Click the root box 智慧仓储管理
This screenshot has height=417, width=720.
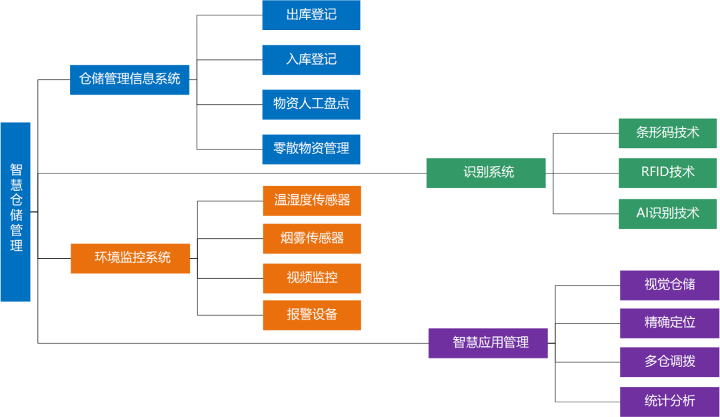pyautogui.click(x=15, y=212)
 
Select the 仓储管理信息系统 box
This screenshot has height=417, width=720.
pyautogui.click(x=130, y=79)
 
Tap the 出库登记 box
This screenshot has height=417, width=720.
pyautogui.click(x=311, y=15)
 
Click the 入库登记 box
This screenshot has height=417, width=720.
pyautogui.click(x=311, y=60)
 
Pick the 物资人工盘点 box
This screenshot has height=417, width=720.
pyautogui.click(x=311, y=105)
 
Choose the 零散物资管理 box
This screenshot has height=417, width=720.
pyautogui.click(x=311, y=149)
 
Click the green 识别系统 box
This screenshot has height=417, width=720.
pyautogui.click(x=486, y=173)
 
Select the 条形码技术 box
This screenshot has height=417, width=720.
pyautogui.click(x=667, y=133)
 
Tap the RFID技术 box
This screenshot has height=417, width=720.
pyautogui.click(x=667, y=173)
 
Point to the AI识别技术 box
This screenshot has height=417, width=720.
pyautogui.click(x=667, y=214)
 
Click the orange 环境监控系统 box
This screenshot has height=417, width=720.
pyautogui.click(x=131, y=258)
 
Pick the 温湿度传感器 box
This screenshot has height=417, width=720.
pyautogui.click(x=312, y=201)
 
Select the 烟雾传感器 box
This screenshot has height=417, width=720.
pyautogui.click(x=312, y=239)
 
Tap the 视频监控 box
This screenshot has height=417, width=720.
pyautogui.click(x=312, y=278)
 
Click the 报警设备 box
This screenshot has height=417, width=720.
pyautogui.click(x=312, y=315)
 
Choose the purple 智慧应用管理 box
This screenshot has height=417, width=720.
pyautogui.click(x=488, y=343)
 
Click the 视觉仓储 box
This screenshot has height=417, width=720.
pyautogui.click(x=669, y=285)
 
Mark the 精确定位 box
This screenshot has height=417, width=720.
pyautogui.click(x=669, y=323)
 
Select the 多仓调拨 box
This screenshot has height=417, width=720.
pyautogui.click(x=669, y=362)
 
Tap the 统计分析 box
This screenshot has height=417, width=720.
pyautogui.click(x=669, y=402)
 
